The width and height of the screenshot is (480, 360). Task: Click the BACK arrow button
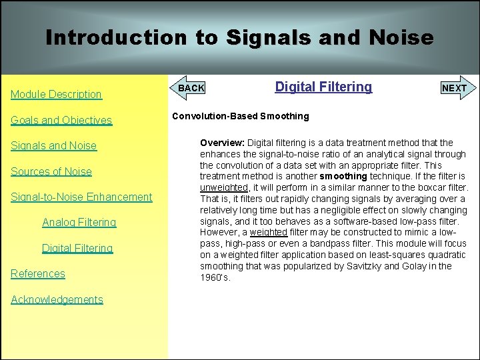pos(190,88)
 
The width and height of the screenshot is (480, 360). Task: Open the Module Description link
pos(56,95)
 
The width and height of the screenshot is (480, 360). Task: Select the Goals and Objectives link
pos(61,120)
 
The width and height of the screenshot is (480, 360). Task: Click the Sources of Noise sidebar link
pos(51,171)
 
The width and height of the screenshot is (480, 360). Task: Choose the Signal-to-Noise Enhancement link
pos(81,197)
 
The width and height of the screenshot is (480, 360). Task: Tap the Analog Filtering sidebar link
pos(79,222)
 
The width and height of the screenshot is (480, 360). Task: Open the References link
pos(38,273)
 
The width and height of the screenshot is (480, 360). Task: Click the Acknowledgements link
pos(57,299)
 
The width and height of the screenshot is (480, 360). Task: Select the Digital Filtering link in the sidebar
pos(77,248)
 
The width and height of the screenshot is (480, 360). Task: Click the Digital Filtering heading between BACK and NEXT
pos(323,87)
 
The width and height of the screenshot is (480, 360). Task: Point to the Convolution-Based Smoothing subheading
pos(240,116)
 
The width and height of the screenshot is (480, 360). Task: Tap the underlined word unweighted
pos(224,187)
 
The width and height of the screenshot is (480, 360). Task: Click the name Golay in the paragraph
pos(416,266)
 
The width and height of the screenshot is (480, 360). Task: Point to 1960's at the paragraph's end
pos(215,277)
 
